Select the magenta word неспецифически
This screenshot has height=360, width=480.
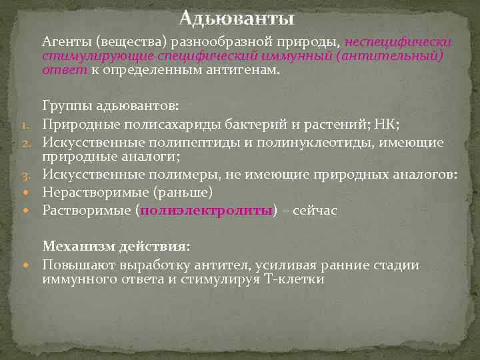click(398, 42)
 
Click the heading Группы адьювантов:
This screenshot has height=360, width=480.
click(110, 106)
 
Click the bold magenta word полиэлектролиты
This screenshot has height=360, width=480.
click(205, 210)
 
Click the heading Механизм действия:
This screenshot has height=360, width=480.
click(116, 247)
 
